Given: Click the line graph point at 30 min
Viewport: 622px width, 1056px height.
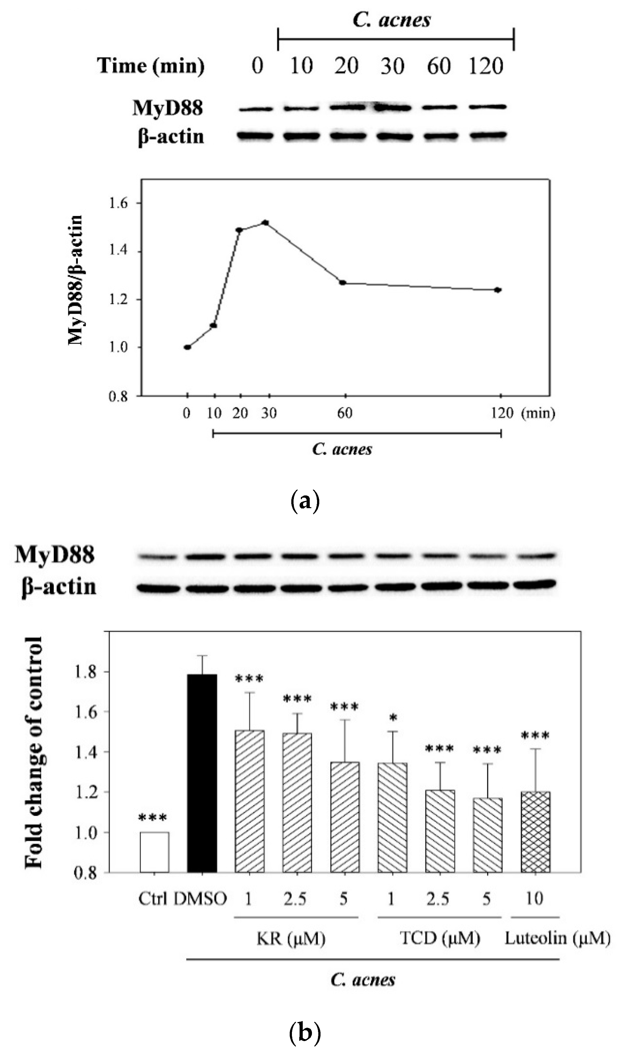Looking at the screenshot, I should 265,223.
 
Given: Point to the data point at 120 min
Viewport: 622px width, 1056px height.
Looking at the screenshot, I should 498,290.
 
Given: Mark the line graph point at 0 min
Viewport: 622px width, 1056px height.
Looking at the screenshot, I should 188,347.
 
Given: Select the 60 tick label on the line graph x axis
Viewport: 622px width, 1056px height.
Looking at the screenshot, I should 345,414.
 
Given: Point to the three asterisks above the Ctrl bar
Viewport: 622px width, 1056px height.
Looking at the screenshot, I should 152,817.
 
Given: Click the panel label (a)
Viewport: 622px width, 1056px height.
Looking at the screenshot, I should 305,501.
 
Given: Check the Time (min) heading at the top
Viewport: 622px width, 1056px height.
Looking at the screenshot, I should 151,66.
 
